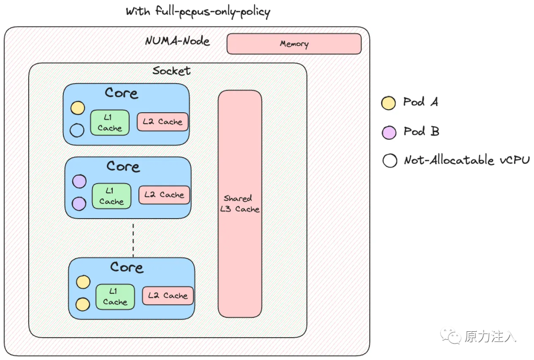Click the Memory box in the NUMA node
294,44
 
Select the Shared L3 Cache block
240,203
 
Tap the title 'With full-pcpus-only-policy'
198,11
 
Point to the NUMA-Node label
178,41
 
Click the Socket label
171,71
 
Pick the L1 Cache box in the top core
110,122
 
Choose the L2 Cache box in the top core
163,122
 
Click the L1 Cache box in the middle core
111,196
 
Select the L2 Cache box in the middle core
164,195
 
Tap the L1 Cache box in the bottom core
115,296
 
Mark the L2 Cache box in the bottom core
168,296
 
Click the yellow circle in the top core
78,108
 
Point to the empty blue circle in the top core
77,130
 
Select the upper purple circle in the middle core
79,181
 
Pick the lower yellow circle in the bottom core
83,304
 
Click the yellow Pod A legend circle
389,103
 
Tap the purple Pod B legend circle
389,133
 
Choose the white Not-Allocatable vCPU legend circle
390,161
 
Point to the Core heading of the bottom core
127,268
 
